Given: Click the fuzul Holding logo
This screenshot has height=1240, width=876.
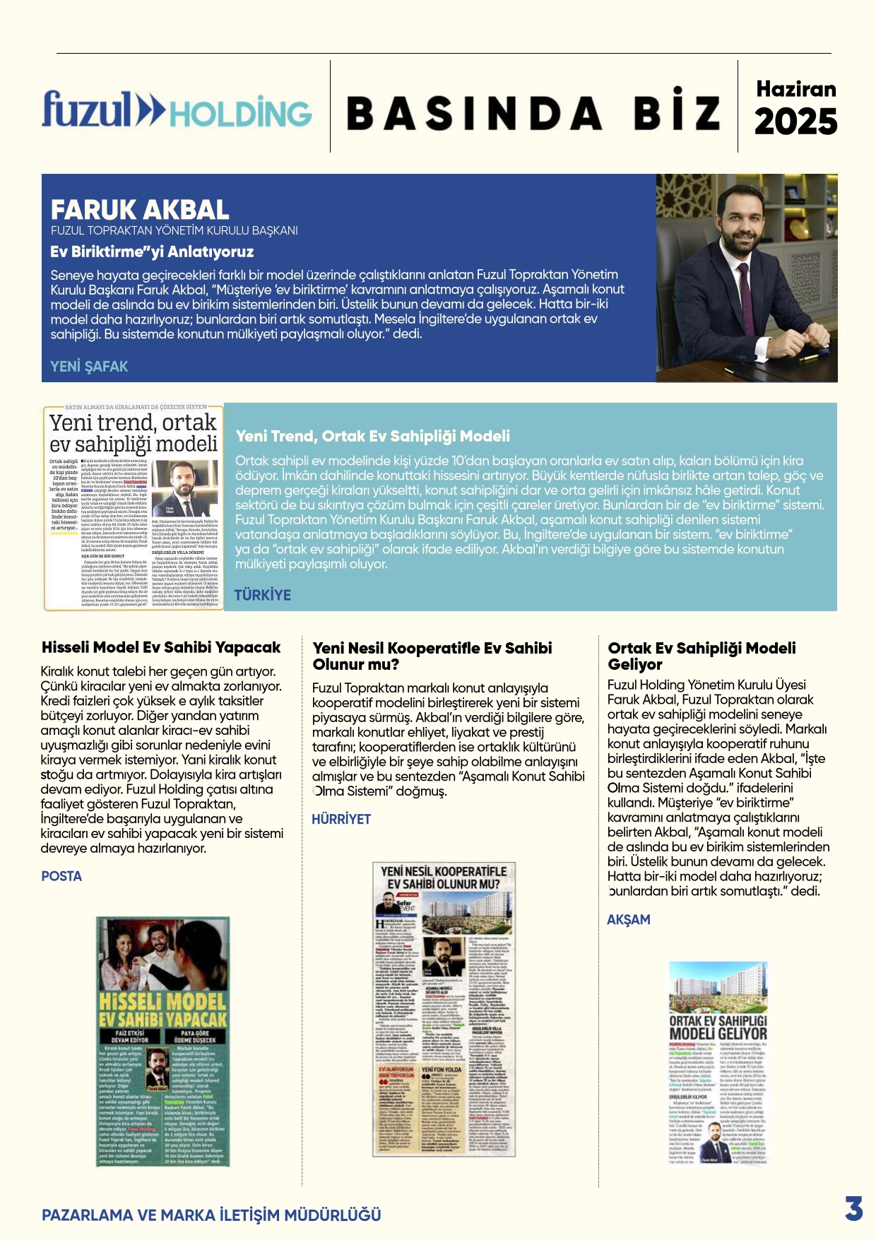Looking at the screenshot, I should [x=177, y=111].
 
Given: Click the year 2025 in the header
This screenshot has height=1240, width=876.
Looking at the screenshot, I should [x=795, y=122].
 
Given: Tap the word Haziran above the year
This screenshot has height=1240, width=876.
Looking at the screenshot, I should [x=795, y=89].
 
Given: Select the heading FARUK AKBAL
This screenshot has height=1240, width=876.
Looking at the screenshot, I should [x=140, y=210].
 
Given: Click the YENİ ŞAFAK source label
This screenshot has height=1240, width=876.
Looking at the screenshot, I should [x=89, y=366].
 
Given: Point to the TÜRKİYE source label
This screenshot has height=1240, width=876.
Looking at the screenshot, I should [x=262, y=595].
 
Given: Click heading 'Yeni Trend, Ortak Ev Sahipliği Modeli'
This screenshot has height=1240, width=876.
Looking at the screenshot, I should [x=372, y=436].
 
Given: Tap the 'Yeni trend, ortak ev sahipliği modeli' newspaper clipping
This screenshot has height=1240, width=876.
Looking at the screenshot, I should [x=134, y=507].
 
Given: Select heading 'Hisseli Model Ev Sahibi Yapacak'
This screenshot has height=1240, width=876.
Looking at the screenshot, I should [x=161, y=647].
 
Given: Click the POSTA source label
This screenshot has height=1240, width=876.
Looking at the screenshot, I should [x=61, y=876].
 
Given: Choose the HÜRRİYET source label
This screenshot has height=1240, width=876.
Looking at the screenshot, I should [x=341, y=819].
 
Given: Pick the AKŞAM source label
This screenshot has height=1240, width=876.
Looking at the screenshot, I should [x=628, y=919].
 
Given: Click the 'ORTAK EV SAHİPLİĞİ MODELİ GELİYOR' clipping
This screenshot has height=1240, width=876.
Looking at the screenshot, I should [x=718, y=1071].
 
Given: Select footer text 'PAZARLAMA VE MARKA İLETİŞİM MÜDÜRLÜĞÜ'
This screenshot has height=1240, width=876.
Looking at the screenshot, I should [x=211, y=1215].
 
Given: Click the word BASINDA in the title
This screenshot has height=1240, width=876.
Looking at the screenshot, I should [x=474, y=113].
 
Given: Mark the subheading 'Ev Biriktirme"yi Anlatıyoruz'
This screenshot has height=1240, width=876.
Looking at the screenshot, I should [x=152, y=252].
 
